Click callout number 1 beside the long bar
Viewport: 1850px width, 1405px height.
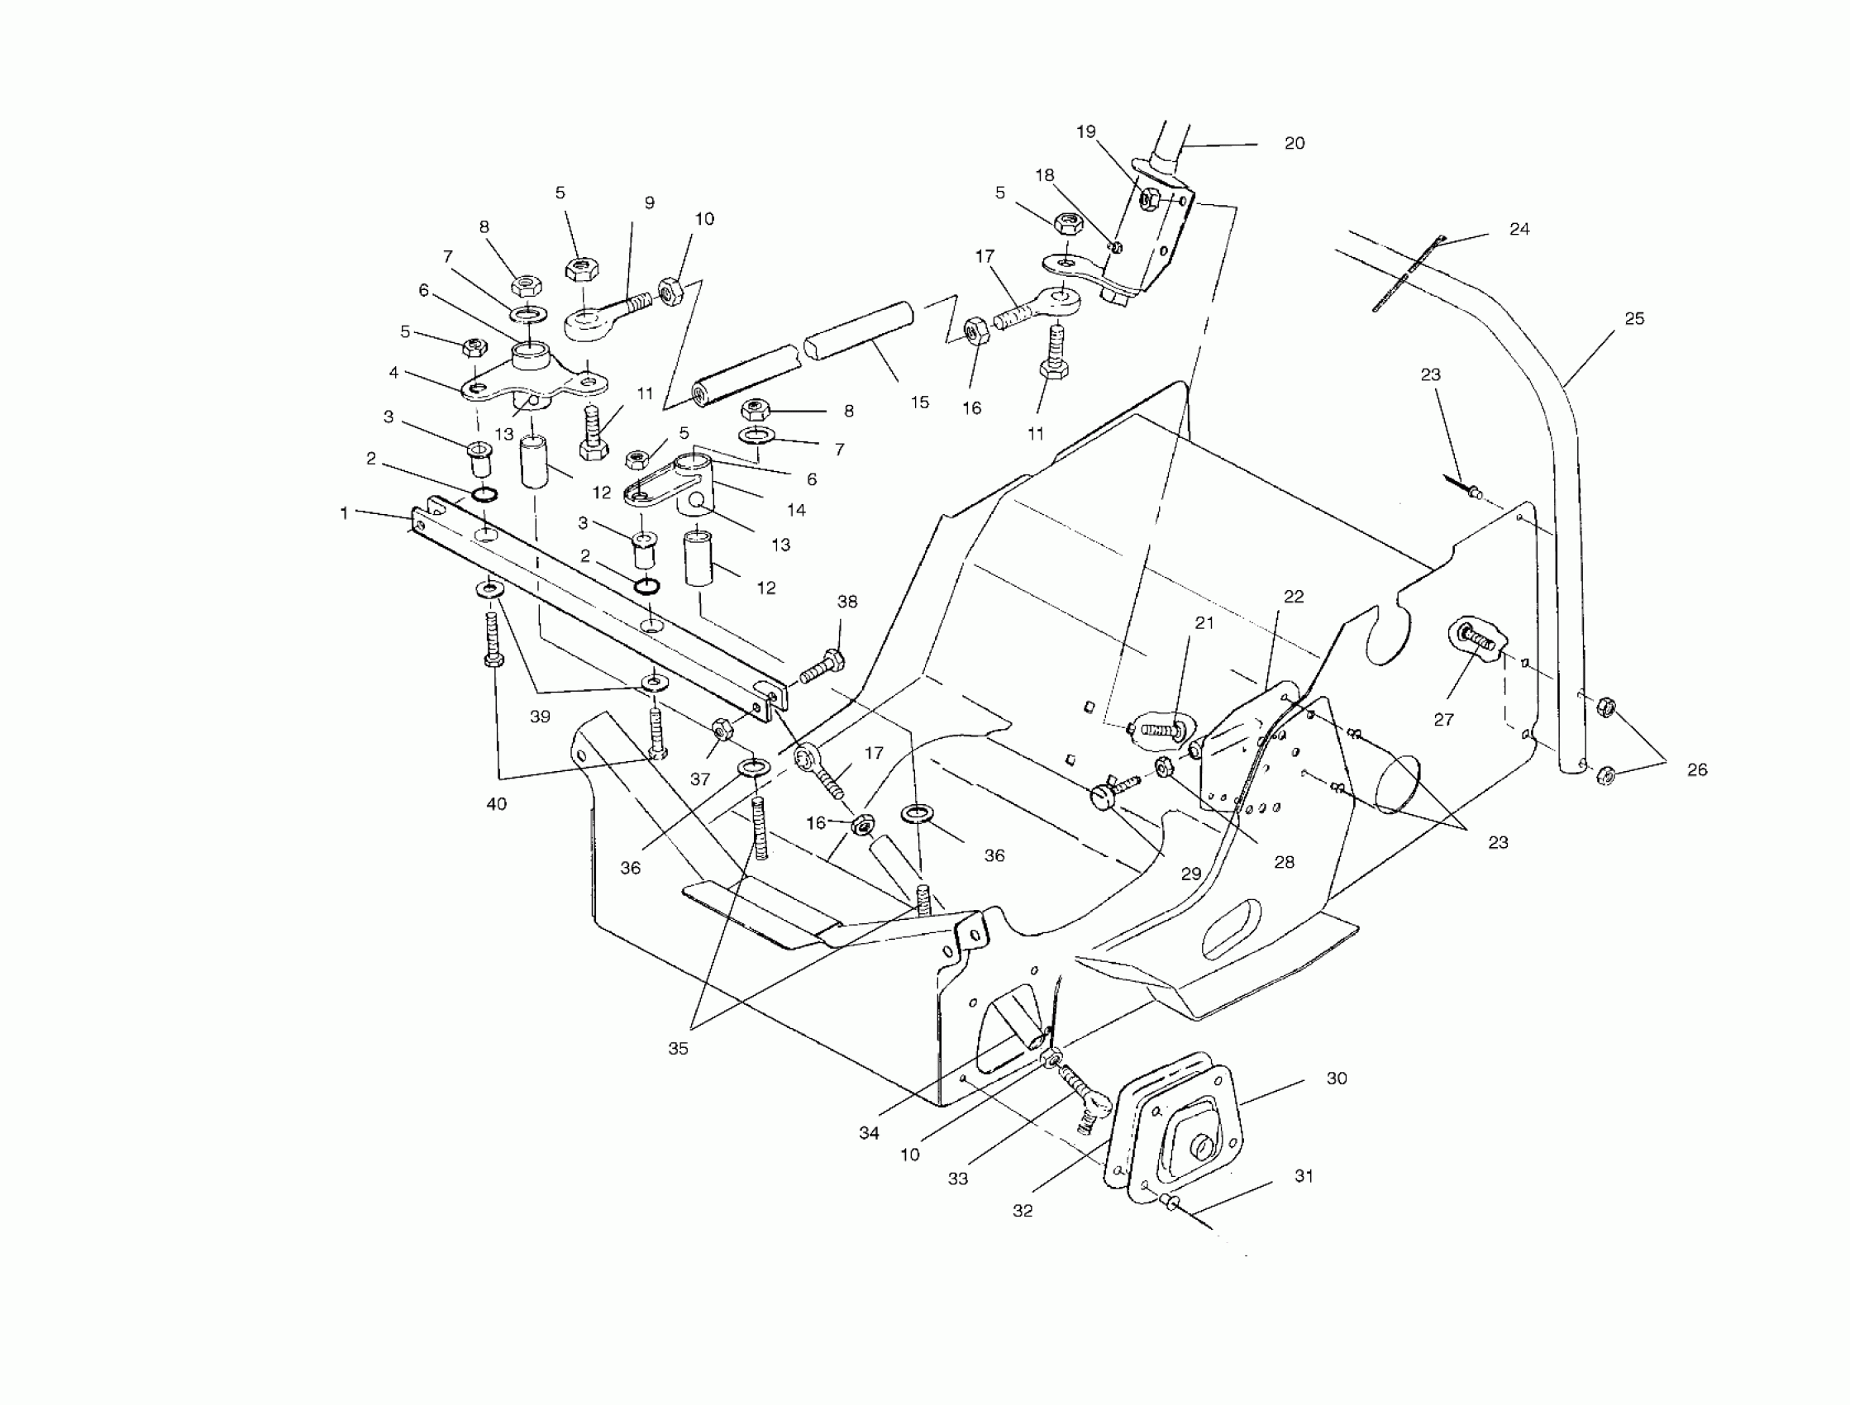tap(344, 513)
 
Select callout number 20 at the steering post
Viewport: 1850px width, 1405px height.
tap(1294, 144)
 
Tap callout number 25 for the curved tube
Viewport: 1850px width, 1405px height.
tap(1634, 319)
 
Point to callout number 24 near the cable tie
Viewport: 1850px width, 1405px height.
tap(1519, 229)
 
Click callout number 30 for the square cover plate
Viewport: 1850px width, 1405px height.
tap(1337, 1079)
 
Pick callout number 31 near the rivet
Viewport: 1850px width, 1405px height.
tap(1304, 1176)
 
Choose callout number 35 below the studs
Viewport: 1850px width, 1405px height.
tap(678, 1049)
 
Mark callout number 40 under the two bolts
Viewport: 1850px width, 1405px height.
tap(496, 804)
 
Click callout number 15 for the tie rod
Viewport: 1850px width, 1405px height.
tap(919, 403)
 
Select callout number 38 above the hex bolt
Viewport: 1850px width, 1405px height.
tap(847, 602)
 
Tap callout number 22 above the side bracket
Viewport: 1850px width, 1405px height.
tap(1294, 597)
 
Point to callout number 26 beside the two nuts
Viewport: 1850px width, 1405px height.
tap(1697, 769)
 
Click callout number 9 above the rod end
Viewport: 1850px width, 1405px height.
tap(649, 202)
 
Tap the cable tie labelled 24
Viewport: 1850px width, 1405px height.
tap(1407, 274)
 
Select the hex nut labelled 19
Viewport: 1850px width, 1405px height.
tap(1149, 199)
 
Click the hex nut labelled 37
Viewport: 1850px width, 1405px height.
tap(722, 726)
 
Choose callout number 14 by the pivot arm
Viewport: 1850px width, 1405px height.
tap(795, 510)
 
